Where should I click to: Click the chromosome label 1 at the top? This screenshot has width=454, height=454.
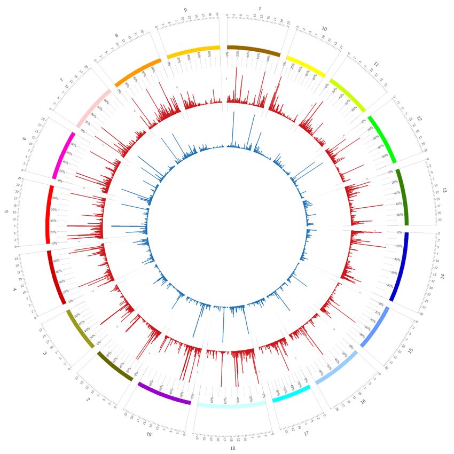pos(260,9)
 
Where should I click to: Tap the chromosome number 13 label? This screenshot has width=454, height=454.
pos(444,190)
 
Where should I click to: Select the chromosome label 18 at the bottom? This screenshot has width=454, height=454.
pos(232,448)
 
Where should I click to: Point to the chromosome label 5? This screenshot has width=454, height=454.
pos(6,212)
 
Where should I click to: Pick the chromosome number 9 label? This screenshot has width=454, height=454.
pos(185,10)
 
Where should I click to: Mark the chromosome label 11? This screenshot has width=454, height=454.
pos(376,64)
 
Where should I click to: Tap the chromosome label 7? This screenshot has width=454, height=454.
pos(61,80)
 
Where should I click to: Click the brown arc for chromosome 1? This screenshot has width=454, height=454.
pos(254,50)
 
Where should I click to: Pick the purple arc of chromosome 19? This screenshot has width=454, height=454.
pos(163,394)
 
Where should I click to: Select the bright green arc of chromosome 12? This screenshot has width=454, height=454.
pos(382,138)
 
